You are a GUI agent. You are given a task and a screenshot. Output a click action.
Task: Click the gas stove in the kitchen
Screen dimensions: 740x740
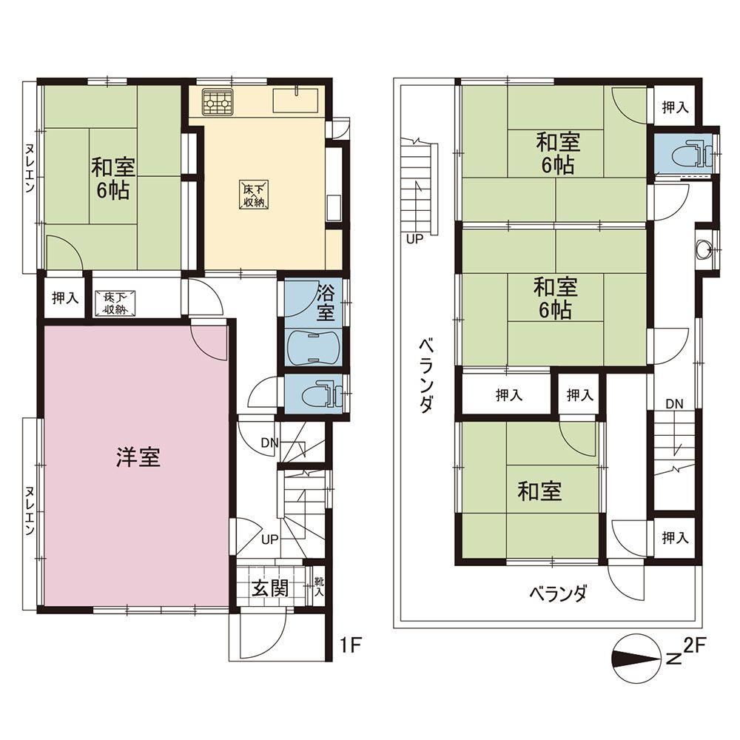[218, 101]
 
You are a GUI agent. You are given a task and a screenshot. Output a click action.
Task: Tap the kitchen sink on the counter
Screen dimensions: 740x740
[295, 100]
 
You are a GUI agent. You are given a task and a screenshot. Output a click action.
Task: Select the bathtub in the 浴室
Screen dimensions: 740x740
[312, 346]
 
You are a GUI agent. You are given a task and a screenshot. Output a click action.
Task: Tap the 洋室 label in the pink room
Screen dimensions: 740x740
[138, 457]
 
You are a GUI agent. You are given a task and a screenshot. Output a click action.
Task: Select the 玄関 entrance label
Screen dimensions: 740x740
[269, 588]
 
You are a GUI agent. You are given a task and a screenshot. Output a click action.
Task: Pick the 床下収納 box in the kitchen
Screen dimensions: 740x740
[254, 195]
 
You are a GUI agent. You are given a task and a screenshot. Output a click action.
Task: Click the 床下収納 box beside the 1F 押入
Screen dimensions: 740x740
[115, 304]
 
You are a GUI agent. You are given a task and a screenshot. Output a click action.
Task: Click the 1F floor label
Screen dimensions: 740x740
[350, 646]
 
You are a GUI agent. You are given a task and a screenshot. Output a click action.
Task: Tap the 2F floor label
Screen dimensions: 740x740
[694, 645]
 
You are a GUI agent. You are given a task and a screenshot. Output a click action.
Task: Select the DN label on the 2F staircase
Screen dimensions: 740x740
[674, 404]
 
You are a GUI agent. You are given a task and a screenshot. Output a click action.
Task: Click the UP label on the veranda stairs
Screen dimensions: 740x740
[415, 239]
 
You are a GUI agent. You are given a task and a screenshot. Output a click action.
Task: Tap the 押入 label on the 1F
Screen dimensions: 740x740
[65, 298]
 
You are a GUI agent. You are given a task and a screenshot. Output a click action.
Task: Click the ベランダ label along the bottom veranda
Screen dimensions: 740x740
[558, 593]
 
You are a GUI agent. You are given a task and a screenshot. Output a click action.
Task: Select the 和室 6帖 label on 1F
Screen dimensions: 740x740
[112, 179]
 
